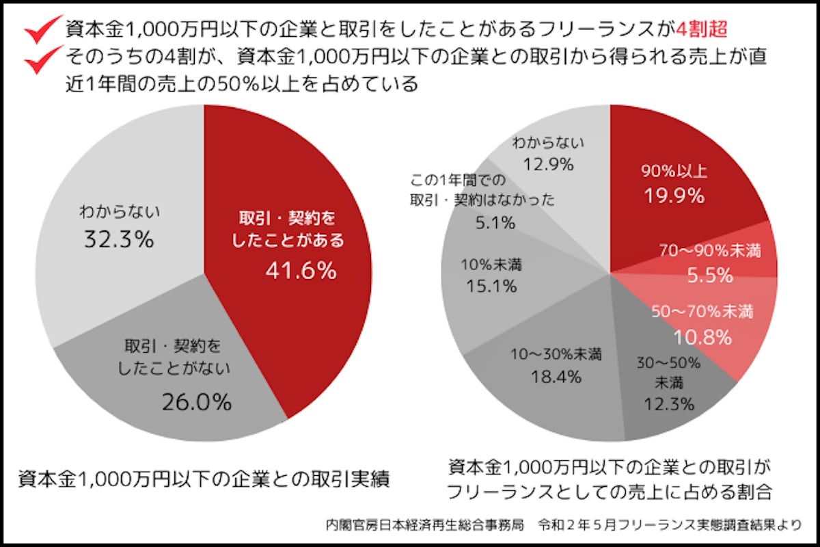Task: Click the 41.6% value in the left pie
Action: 301,271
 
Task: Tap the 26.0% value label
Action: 197,403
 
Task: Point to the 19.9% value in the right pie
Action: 674,196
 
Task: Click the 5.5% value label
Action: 710,276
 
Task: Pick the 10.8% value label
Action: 702,336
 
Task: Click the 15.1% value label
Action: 491,286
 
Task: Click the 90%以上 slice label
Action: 674,171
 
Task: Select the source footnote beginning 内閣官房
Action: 564,526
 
